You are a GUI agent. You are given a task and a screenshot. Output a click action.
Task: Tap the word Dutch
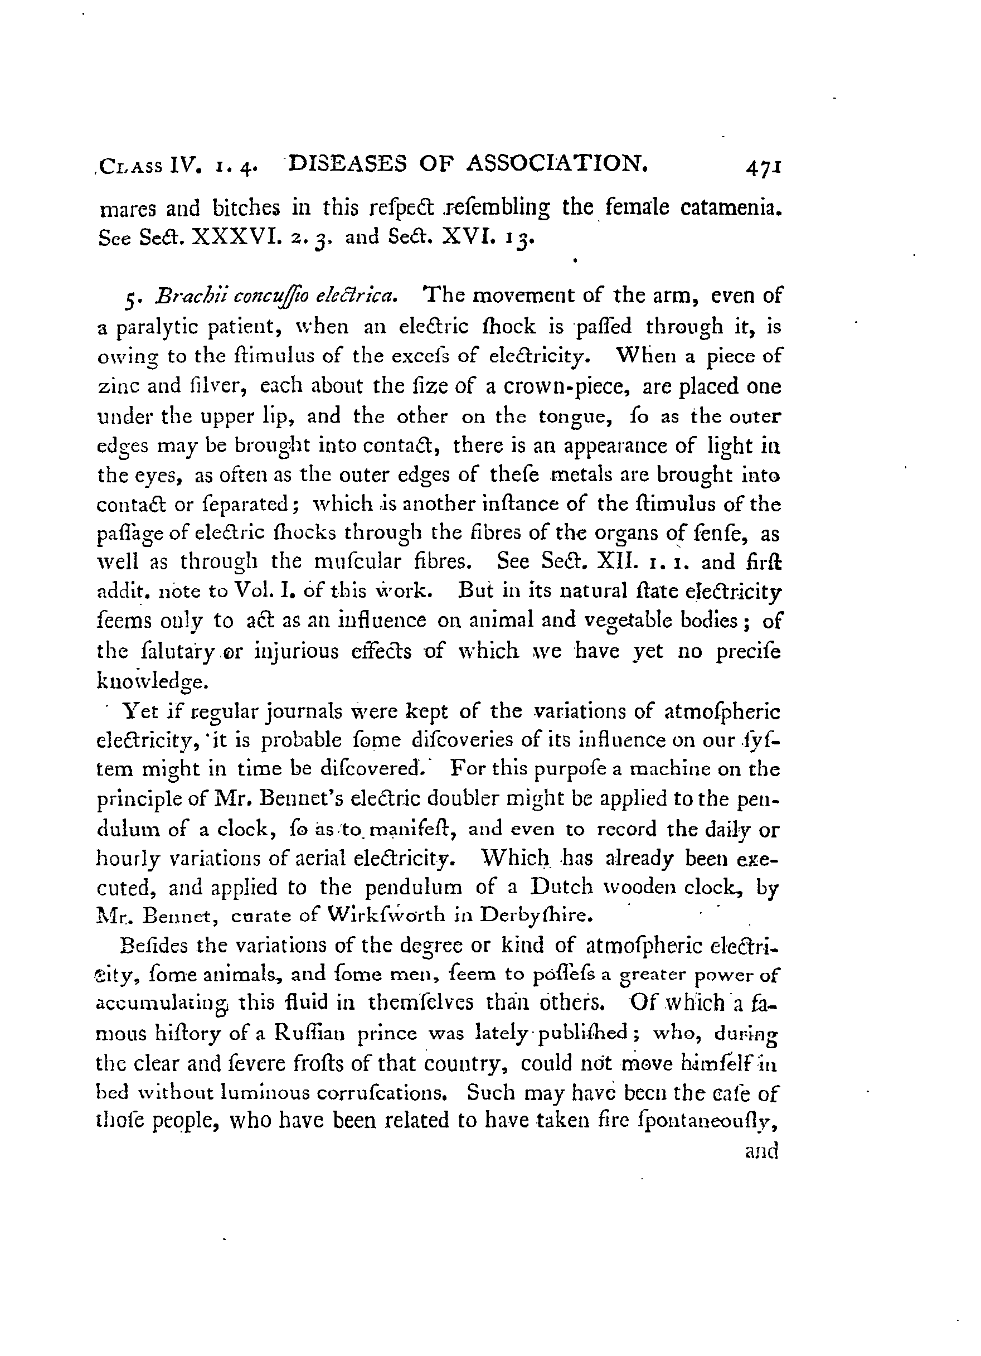(559, 887)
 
